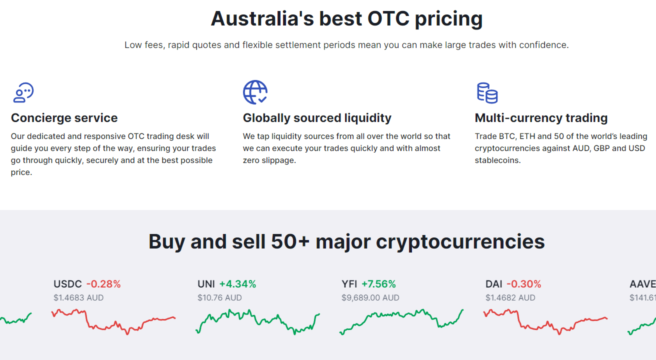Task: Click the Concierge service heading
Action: coord(64,118)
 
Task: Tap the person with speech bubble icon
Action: coord(23,92)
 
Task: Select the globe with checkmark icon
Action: coord(255,92)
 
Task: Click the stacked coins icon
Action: coord(487,93)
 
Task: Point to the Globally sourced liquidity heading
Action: coord(317,118)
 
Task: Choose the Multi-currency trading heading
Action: coord(541,118)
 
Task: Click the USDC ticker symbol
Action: coord(67,284)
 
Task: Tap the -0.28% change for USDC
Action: coord(103,284)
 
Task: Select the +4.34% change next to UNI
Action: coord(238,284)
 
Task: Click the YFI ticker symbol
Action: coord(349,284)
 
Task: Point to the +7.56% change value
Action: coord(378,284)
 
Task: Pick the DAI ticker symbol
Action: coord(494,284)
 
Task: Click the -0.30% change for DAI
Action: coord(524,284)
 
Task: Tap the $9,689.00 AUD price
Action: coord(370,297)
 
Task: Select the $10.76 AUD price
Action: coord(219,297)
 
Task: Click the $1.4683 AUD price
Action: coord(78,297)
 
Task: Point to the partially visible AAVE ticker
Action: coord(643,284)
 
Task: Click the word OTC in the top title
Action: coord(388,18)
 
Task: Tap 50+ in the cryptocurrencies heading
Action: coord(290,241)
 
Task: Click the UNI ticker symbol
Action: coord(206,284)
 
